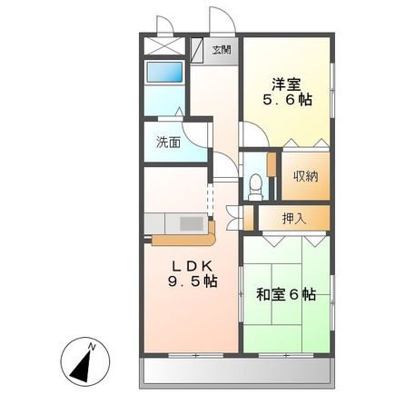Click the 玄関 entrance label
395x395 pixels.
pyautogui.click(x=222, y=50)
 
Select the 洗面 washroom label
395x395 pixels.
pyautogui.click(x=167, y=143)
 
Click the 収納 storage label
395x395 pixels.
pyautogui.click(x=305, y=176)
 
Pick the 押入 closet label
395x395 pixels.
pyautogui.click(x=293, y=218)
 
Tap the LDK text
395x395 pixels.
pyautogui.click(x=192, y=265)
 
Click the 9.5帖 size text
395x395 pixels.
pyautogui.click(x=192, y=282)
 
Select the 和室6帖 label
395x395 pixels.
pyautogui.click(x=285, y=294)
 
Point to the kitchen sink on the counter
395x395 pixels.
pyautogui.click(x=192, y=223)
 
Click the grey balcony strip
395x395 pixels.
pyautogui.click(x=237, y=368)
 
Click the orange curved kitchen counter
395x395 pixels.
pyautogui.click(x=182, y=241)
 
